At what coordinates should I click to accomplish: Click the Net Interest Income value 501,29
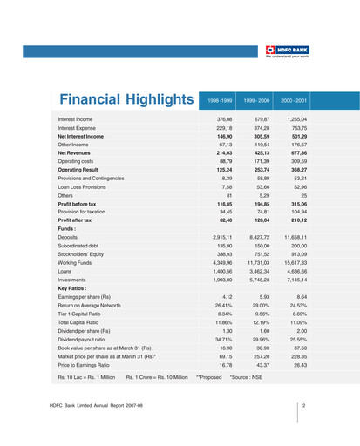(296, 136)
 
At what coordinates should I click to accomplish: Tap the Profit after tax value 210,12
(296, 220)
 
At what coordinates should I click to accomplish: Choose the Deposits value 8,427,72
(259, 238)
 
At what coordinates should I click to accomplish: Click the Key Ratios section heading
(73, 287)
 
